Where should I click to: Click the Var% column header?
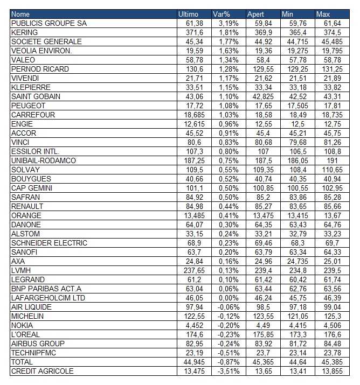point(221,14)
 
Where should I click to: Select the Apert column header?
point(255,14)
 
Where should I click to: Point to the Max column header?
point(323,14)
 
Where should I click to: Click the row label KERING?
point(24,32)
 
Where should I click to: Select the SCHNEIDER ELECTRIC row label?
point(49,243)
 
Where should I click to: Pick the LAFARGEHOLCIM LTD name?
point(48,298)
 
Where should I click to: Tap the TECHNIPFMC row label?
point(33,353)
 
